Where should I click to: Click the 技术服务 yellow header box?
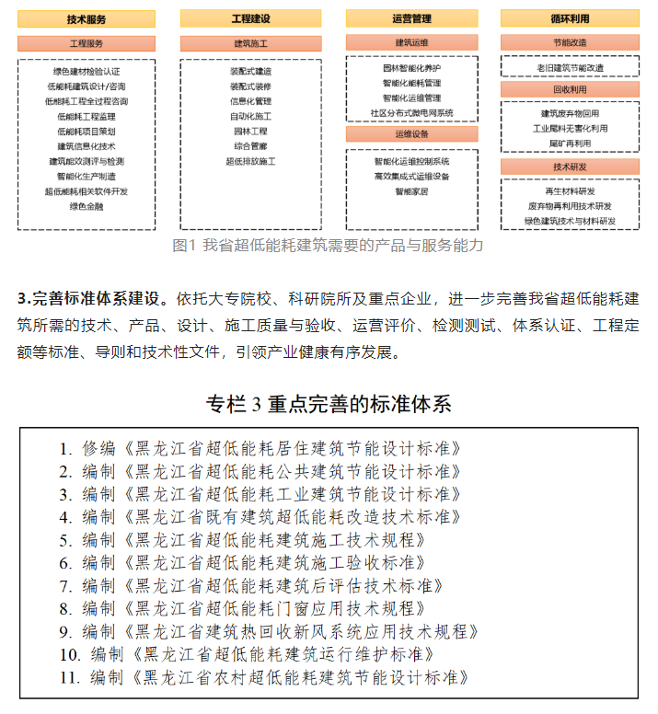(x=87, y=18)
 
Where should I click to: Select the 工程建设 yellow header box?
(x=250, y=18)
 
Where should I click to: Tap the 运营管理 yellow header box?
(x=411, y=18)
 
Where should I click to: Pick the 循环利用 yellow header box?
(x=571, y=18)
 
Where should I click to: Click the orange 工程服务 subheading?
(x=87, y=43)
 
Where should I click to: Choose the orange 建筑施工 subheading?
(x=250, y=43)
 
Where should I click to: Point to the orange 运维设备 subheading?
(x=411, y=133)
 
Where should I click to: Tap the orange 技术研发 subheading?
(x=571, y=167)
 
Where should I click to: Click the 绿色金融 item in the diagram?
(x=87, y=206)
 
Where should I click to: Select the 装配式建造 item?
(x=250, y=71)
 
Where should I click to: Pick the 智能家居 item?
(x=411, y=191)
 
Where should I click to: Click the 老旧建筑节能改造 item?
(x=571, y=68)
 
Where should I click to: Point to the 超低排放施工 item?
(x=250, y=161)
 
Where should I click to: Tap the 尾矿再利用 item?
(x=571, y=144)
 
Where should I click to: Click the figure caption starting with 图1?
(x=328, y=246)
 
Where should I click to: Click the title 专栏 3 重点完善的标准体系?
(x=329, y=404)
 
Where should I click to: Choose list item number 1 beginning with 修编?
(x=260, y=449)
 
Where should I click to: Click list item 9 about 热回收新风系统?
(x=269, y=632)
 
